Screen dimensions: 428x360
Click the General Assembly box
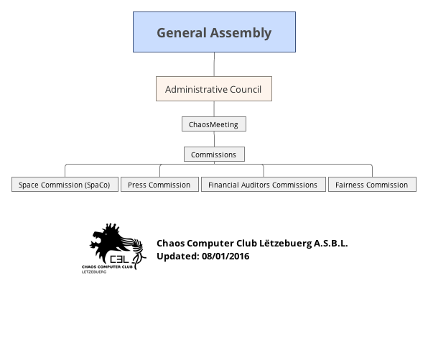214,32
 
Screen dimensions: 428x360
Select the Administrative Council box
214,89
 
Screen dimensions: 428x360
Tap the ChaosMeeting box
214,124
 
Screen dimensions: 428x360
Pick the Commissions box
214,154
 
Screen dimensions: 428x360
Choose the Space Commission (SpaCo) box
65,185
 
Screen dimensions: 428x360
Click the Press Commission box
159,185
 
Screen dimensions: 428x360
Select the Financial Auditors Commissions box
264,185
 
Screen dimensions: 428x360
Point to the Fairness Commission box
372,185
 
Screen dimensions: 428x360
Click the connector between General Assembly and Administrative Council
214,64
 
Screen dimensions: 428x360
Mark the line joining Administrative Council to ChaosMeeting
214,109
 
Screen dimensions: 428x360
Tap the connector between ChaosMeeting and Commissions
214,139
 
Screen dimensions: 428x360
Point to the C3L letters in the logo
119,259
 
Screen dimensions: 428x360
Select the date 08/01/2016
225,257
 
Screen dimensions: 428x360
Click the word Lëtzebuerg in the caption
285,244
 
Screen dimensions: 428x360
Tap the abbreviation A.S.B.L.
331,243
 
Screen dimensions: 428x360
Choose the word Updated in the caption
178,257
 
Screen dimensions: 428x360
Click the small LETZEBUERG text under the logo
94,272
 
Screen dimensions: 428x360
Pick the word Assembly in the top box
241,33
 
